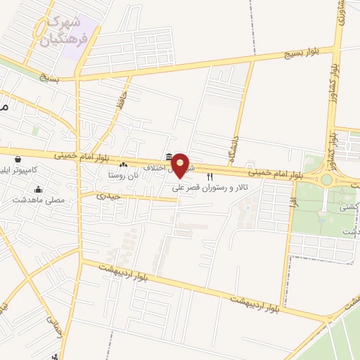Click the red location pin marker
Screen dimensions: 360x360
point(181,165)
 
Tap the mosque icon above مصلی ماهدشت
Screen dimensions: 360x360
point(37,189)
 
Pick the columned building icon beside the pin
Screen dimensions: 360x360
point(168,157)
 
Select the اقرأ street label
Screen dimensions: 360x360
point(292,203)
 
